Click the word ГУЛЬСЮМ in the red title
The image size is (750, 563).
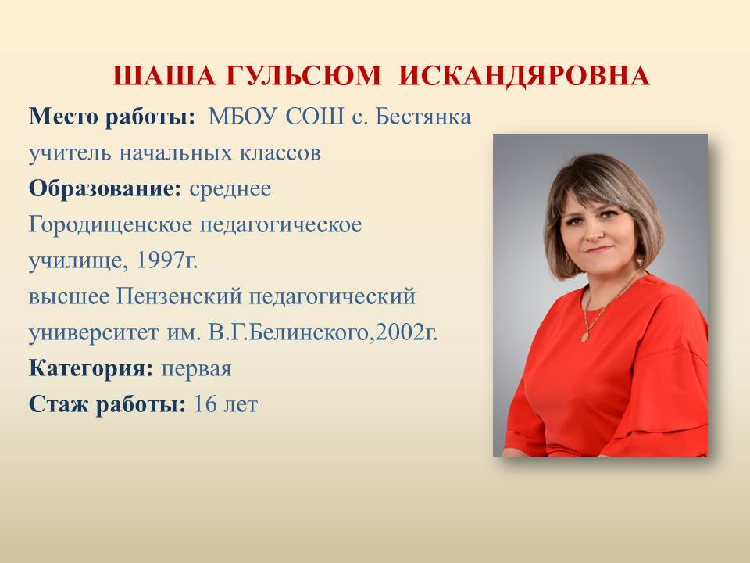(x=303, y=76)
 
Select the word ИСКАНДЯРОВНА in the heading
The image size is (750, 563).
(x=524, y=76)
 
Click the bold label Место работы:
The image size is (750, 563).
(x=112, y=117)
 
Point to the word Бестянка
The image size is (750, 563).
(x=423, y=117)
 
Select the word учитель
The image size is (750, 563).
(x=70, y=153)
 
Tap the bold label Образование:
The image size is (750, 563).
(x=105, y=188)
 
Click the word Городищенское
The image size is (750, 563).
(x=110, y=225)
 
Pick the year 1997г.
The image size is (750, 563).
(x=167, y=260)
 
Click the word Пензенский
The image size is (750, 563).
(x=179, y=296)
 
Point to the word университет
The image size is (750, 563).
(x=93, y=333)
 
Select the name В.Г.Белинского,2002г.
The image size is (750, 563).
(x=323, y=333)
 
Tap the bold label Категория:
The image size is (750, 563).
(x=91, y=368)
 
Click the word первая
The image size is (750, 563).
(x=196, y=369)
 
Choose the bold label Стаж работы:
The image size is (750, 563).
(x=108, y=404)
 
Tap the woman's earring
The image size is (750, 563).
(x=640, y=261)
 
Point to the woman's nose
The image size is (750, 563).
(x=595, y=231)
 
